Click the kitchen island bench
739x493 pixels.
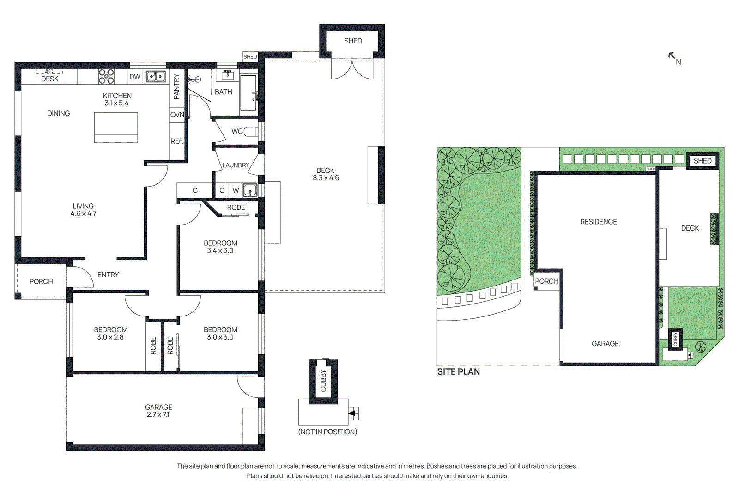116,128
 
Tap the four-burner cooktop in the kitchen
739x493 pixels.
106,76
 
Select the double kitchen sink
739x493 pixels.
156,76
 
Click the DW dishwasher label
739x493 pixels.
135,77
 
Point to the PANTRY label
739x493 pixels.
176,86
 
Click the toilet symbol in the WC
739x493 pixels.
251,132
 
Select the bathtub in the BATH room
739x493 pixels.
248,93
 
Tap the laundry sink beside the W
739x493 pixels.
250,190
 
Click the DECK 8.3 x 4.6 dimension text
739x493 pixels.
326,178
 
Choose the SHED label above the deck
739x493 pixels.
353,41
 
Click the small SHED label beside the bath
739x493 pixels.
250,57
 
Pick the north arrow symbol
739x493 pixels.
672,56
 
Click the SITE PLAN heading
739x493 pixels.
458,372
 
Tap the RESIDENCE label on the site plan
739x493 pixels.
598,222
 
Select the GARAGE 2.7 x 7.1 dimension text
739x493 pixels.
158,414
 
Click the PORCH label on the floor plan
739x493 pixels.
41,281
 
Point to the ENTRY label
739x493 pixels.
108,275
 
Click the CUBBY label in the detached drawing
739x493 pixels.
323,381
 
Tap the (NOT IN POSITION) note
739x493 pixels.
327,432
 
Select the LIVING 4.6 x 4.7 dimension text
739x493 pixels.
84,213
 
